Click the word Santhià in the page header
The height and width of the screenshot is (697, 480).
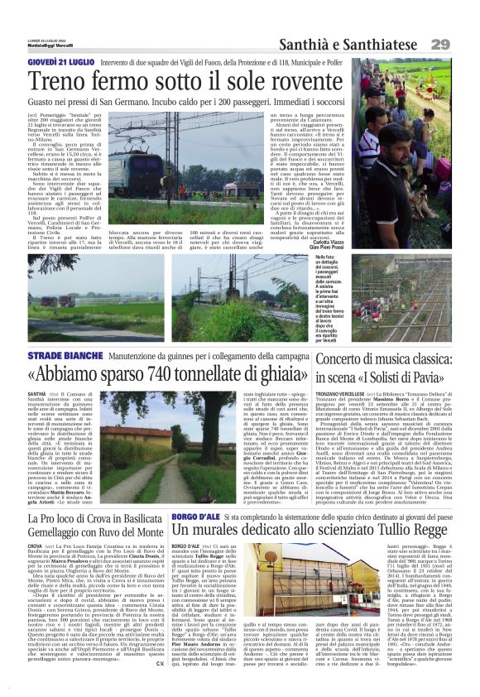[x=305, y=44]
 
